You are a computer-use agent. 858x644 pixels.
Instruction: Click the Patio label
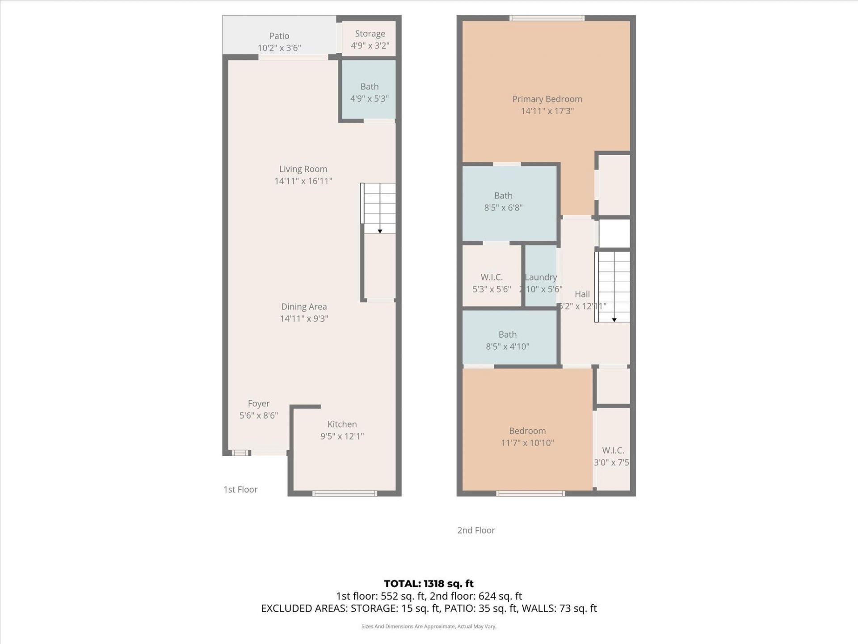point(279,36)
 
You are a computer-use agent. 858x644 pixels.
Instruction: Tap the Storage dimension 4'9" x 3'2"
point(370,46)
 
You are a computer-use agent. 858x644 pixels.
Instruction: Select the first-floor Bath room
point(369,92)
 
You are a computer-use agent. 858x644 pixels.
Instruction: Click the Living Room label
point(303,169)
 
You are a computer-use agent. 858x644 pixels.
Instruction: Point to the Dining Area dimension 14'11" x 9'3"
point(304,318)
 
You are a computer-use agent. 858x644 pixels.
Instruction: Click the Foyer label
point(258,403)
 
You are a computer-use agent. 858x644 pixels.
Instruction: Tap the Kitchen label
point(342,424)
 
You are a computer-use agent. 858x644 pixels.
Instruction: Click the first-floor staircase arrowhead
point(380,231)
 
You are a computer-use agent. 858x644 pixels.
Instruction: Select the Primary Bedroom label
point(547,99)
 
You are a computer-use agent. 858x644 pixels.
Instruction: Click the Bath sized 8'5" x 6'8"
point(503,201)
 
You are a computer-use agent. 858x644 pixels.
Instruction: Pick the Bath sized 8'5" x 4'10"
point(507,340)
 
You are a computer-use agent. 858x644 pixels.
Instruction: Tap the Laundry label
point(541,277)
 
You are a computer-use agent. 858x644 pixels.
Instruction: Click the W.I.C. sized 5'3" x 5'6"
point(492,283)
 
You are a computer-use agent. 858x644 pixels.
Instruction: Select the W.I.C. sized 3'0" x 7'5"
point(613,456)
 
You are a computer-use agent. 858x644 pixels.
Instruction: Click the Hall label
point(582,294)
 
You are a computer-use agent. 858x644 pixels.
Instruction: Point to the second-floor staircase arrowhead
point(614,320)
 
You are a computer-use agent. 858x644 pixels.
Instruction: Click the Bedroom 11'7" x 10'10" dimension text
point(527,443)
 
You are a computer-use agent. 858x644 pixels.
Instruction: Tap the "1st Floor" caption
point(240,489)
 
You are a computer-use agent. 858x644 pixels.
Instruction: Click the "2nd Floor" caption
point(476,530)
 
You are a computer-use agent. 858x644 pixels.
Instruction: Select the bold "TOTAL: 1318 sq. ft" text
point(429,584)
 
